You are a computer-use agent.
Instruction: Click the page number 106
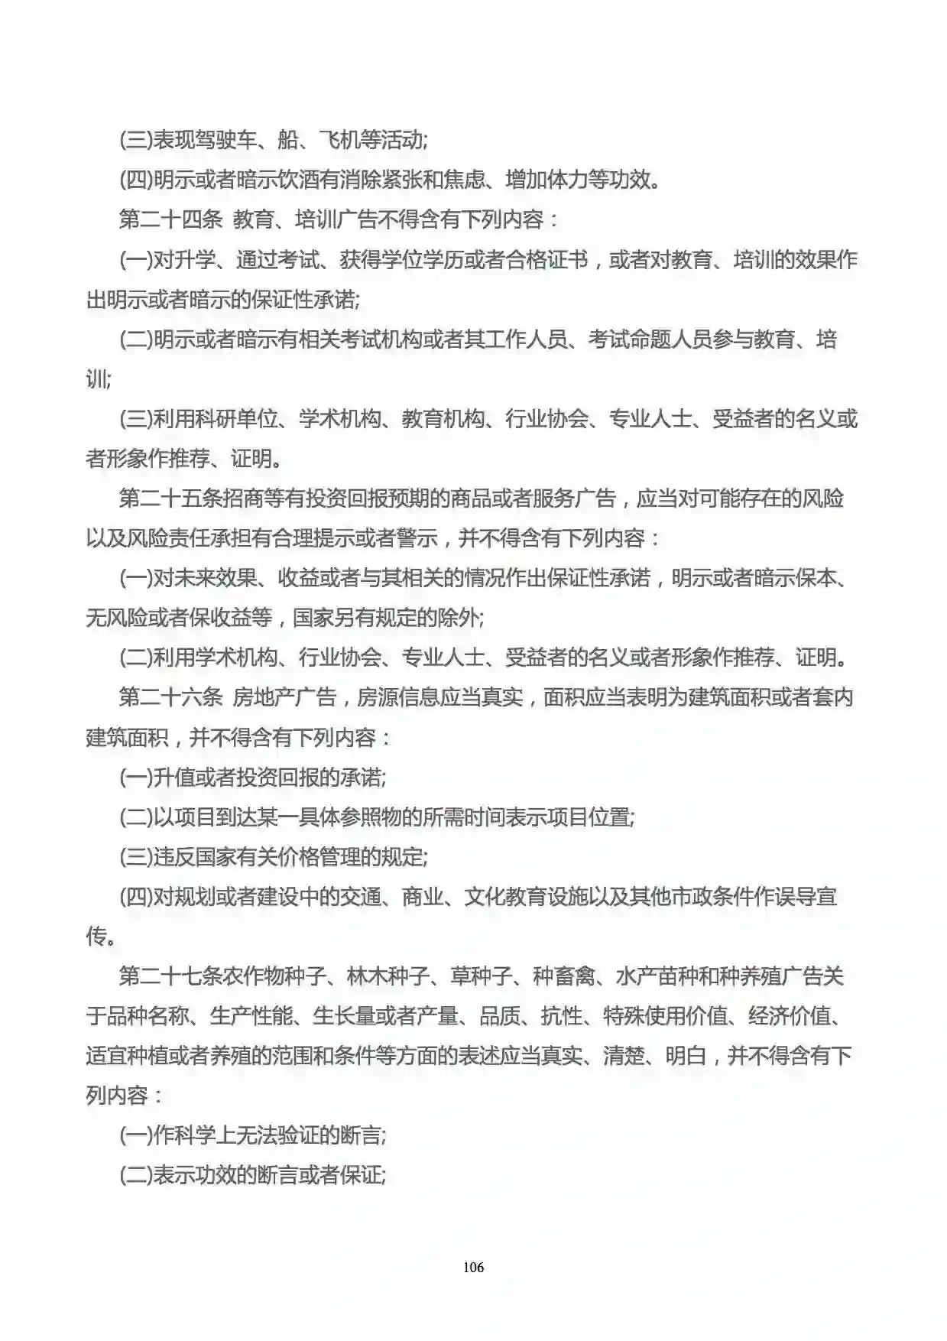473,1267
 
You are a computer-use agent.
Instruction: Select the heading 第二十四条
170,220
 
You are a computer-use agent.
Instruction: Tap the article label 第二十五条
170,498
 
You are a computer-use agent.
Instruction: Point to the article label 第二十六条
170,697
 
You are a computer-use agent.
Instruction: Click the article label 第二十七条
170,976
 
